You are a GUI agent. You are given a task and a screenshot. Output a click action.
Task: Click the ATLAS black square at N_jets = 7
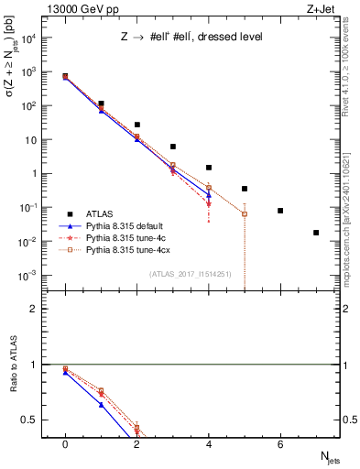pyautogui.click(x=316, y=233)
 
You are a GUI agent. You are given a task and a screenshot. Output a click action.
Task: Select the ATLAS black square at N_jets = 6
pyautogui.click(x=280, y=211)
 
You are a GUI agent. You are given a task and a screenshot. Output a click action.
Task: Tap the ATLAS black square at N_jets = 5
pyautogui.click(x=245, y=189)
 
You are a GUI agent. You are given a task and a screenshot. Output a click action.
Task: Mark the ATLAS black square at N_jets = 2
pyautogui.click(x=136, y=125)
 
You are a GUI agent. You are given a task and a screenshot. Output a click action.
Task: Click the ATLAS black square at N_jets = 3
pyautogui.click(x=173, y=147)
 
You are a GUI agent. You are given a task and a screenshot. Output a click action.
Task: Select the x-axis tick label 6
pyautogui.click(x=280, y=444)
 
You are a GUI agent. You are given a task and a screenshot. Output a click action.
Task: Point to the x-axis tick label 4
pyautogui.click(x=209, y=444)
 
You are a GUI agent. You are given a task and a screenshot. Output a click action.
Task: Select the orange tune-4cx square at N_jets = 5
pyautogui.click(x=245, y=213)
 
